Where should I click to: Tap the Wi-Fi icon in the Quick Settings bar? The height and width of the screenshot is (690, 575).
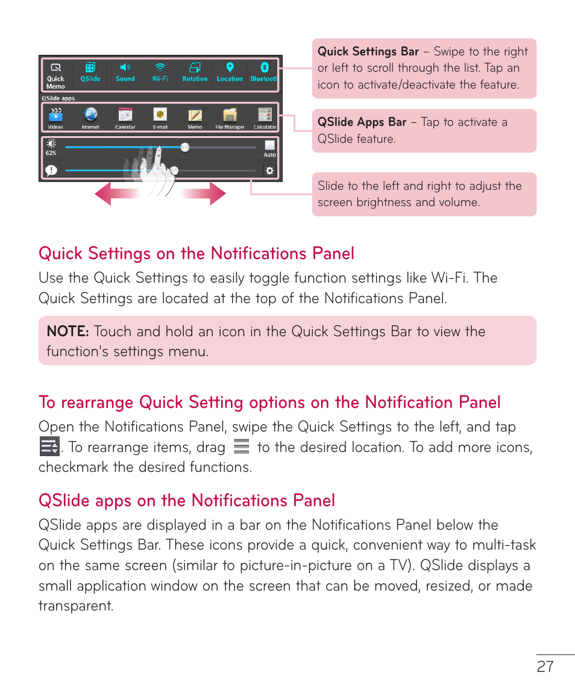(160, 67)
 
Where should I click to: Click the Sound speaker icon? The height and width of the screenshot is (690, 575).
(125, 67)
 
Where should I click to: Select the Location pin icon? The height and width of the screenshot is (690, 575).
(230, 67)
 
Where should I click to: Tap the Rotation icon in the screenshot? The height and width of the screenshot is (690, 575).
(195, 67)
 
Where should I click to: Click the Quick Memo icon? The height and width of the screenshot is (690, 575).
(55, 67)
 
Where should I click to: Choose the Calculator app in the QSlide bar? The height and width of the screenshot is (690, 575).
(265, 115)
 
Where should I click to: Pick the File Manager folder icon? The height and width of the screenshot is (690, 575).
(230, 115)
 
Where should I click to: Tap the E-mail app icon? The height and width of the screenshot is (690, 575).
(160, 115)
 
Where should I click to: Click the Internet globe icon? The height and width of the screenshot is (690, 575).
(90, 115)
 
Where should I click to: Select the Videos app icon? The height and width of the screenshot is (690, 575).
(55, 115)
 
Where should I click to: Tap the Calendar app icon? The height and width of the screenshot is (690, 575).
(125, 115)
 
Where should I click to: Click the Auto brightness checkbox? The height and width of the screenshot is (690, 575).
(269, 145)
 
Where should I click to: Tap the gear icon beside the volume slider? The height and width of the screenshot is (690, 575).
(269, 171)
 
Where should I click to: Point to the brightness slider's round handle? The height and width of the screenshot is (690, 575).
(185, 147)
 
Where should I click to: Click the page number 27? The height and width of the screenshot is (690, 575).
(545, 666)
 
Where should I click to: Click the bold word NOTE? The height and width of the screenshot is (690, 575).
(68, 331)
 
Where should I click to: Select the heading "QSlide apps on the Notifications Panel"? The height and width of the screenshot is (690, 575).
(187, 501)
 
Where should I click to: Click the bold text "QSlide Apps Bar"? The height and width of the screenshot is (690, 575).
(362, 122)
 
